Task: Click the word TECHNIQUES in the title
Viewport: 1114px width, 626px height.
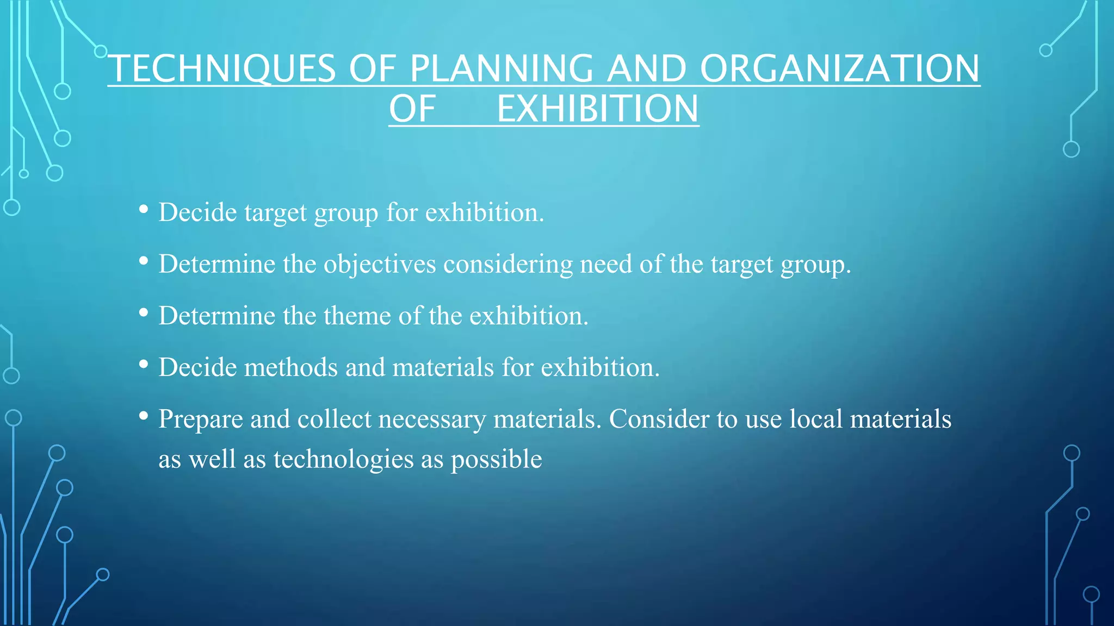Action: [222, 69]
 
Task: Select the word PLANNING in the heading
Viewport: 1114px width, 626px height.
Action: [501, 69]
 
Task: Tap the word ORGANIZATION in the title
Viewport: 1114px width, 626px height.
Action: [839, 69]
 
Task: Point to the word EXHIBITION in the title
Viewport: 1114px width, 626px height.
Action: [597, 109]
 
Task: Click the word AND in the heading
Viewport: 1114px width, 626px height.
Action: [646, 69]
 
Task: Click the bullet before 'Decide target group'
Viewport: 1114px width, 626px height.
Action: [144, 209]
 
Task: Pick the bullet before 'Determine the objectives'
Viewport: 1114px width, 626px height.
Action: [144, 261]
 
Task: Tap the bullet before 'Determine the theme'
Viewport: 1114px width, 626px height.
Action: [144, 313]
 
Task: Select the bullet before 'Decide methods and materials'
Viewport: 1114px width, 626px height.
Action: [144, 365]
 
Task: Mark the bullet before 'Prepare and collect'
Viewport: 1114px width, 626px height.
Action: [144, 416]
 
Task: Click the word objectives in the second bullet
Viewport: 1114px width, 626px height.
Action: [380, 265]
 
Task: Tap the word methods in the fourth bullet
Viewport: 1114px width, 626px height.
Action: [291, 367]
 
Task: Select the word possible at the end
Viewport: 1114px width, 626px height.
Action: [496, 460]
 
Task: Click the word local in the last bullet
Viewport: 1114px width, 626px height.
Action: [815, 419]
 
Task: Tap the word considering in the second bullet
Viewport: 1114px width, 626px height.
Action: [508, 265]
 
